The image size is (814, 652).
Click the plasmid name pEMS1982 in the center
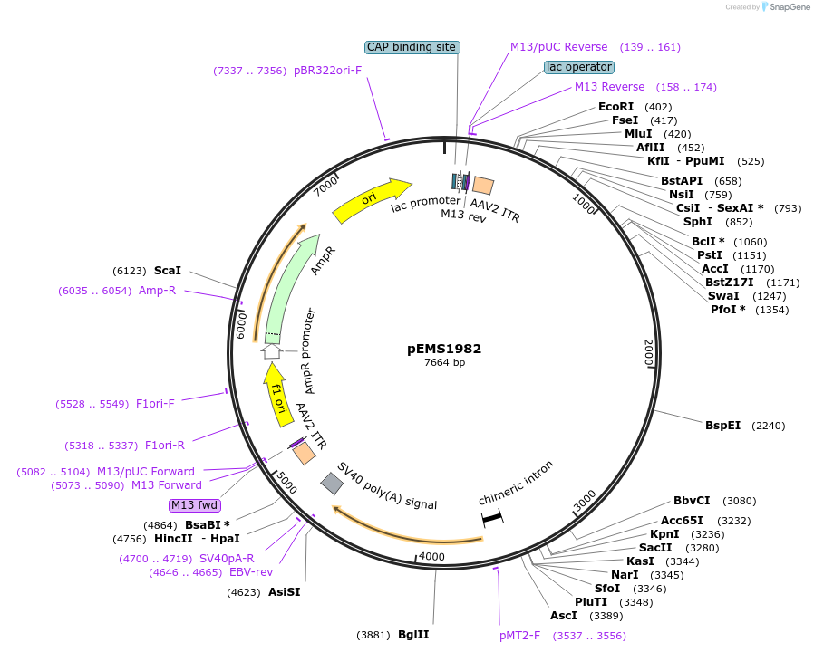[x=444, y=348]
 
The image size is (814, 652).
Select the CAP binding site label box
[x=412, y=47]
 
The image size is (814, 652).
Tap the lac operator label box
[x=579, y=67]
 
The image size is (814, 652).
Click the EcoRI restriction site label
[x=616, y=107]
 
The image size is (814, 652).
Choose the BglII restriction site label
[x=413, y=634]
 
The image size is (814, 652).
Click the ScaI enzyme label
[x=168, y=271]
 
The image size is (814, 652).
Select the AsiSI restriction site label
[x=284, y=592]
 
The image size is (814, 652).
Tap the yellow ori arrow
[x=371, y=200]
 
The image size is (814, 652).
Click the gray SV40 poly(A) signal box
[x=333, y=484]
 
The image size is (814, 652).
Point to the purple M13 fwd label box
[x=194, y=505]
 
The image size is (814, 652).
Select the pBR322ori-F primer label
[x=327, y=70]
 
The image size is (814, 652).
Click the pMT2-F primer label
[x=519, y=636]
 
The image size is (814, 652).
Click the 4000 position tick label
[x=432, y=556]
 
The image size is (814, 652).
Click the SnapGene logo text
[x=790, y=7]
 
